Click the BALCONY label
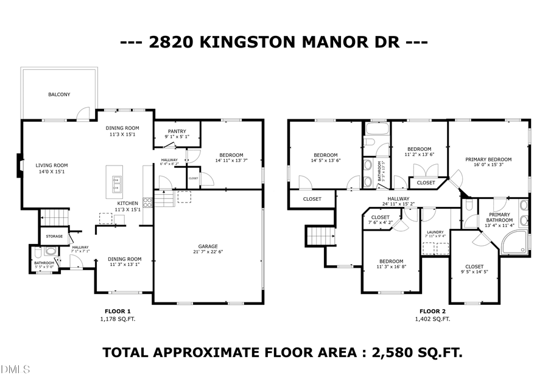(x=59, y=94)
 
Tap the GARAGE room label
(x=208, y=246)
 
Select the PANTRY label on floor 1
(x=177, y=131)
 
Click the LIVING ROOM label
(x=51, y=165)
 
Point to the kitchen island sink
(x=115, y=180)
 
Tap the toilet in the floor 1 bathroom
(x=37, y=251)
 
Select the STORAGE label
(x=54, y=235)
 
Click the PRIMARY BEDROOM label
(x=488, y=159)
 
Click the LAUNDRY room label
(x=435, y=231)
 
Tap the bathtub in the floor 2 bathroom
(x=377, y=129)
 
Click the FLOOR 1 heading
(x=118, y=311)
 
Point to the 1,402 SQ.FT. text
(x=434, y=319)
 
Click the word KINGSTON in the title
(x=248, y=43)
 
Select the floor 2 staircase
(x=320, y=235)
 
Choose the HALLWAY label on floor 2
(x=399, y=198)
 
